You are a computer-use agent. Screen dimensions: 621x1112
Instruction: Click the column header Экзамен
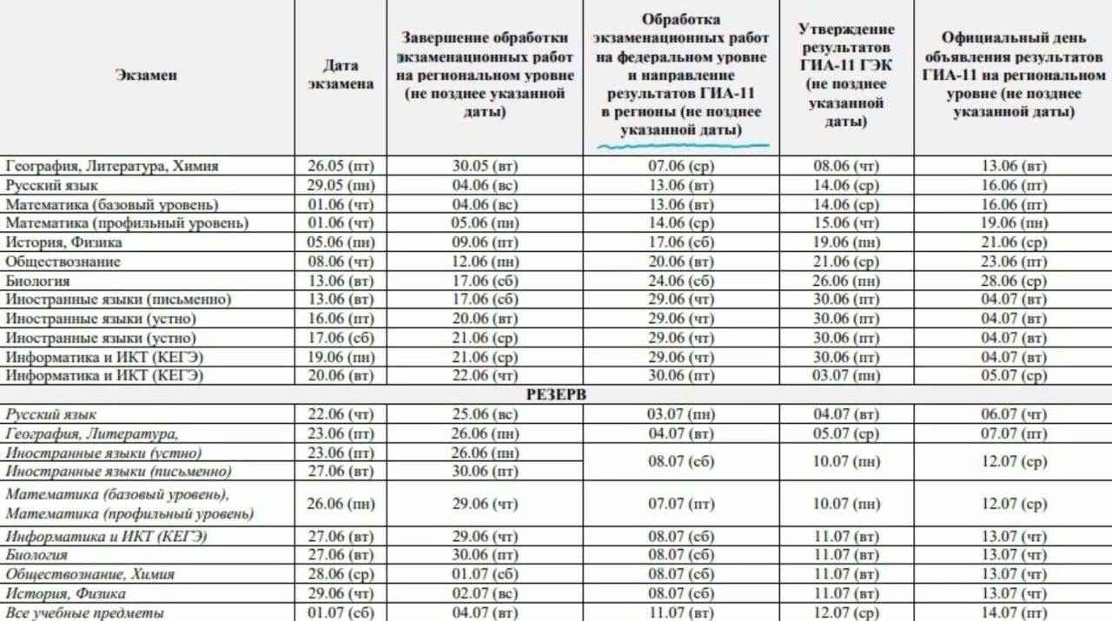click(x=146, y=76)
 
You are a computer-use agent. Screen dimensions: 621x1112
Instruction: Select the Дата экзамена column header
click(x=341, y=75)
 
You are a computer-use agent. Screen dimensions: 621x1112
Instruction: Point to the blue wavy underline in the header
click(x=682, y=145)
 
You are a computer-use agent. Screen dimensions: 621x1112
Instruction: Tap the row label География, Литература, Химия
click(x=112, y=166)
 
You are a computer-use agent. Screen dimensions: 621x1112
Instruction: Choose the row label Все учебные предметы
click(x=84, y=613)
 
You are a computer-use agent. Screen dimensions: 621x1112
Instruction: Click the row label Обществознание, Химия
click(x=90, y=574)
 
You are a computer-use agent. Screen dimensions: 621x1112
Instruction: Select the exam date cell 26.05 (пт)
click(x=341, y=166)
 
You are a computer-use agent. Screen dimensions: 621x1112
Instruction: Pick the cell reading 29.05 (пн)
click(x=341, y=185)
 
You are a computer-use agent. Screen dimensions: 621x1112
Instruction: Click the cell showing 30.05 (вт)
click(x=485, y=166)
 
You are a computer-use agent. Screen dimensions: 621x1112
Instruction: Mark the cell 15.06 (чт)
click(x=846, y=223)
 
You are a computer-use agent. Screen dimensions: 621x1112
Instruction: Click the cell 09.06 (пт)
click(x=485, y=242)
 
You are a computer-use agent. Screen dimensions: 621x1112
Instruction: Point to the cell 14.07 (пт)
click(x=1013, y=613)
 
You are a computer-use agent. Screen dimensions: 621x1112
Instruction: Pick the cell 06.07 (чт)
click(x=1013, y=414)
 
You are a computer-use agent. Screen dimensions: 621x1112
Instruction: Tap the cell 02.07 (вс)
click(x=485, y=594)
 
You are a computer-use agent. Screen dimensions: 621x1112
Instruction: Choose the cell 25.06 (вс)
click(x=485, y=414)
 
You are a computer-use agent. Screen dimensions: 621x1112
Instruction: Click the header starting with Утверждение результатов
click(x=846, y=76)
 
